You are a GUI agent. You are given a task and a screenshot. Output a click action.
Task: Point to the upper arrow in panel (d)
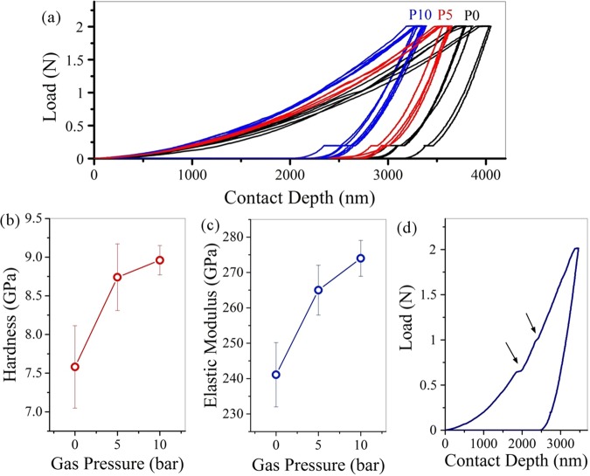[530, 320]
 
